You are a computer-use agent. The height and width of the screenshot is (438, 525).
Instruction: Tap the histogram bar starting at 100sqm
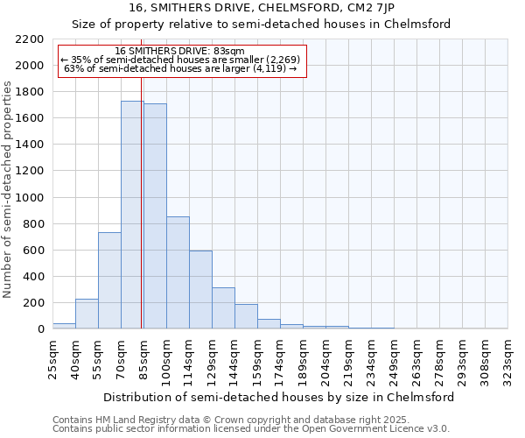[x=178, y=272]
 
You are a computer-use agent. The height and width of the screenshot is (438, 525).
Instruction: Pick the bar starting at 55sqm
[x=109, y=280]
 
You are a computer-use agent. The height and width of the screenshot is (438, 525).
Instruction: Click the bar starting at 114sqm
[x=200, y=290]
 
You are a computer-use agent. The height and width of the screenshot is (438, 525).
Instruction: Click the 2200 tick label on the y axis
[x=30, y=39]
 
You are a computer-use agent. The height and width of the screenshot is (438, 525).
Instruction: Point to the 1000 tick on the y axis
[x=30, y=198]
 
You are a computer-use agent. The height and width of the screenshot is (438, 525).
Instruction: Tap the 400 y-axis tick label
[x=33, y=277]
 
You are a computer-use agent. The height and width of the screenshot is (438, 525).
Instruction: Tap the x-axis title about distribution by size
[x=279, y=397]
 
